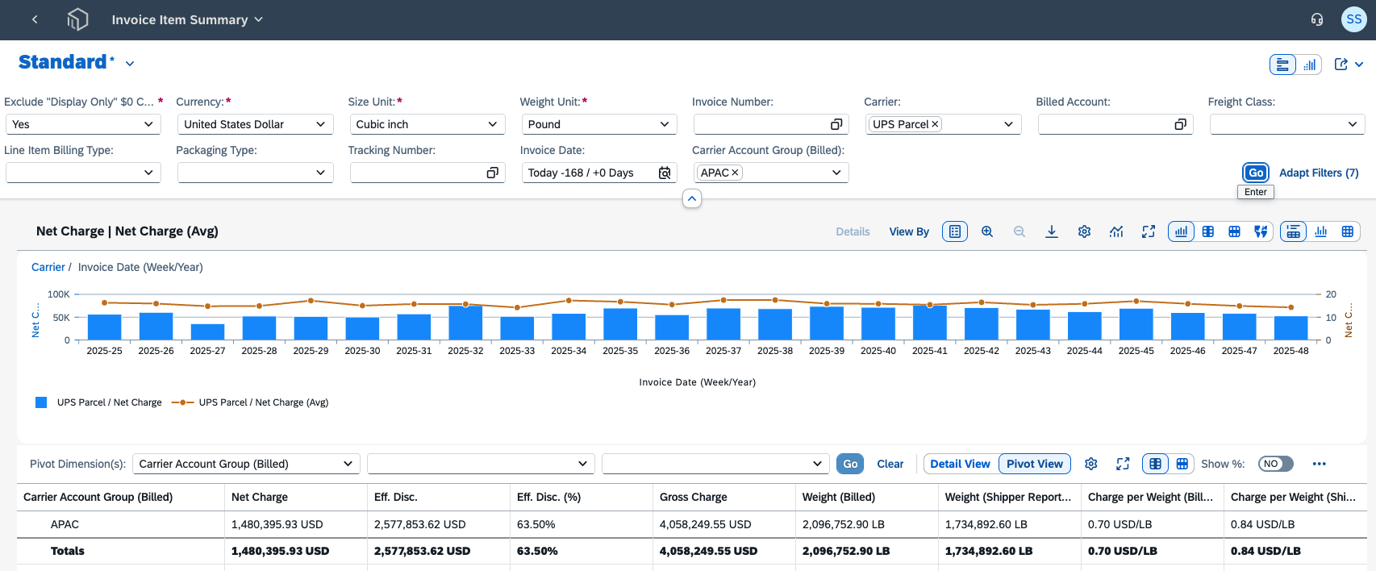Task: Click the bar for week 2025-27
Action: pyautogui.click(x=207, y=332)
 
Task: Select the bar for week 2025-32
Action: pyautogui.click(x=465, y=323)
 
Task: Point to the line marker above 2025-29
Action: pyautogui.click(x=311, y=301)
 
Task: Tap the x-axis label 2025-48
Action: pyautogui.click(x=1291, y=351)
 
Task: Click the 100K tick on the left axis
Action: pyautogui.click(x=59, y=294)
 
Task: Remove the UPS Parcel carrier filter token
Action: pyautogui.click(x=935, y=124)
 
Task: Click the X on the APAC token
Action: pyautogui.click(x=735, y=173)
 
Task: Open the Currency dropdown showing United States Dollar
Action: pyautogui.click(x=256, y=124)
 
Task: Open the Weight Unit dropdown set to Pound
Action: pyautogui.click(x=599, y=124)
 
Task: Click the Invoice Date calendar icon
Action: pyautogui.click(x=664, y=173)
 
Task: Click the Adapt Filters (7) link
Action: pyautogui.click(x=1318, y=173)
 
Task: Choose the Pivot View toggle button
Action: pyautogui.click(x=1035, y=464)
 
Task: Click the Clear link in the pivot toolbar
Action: pyautogui.click(x=890, y=464)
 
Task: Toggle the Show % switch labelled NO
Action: pyautogui.click(x=1275, y=464)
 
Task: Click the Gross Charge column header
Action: pyautogui.click(x=693, y=497)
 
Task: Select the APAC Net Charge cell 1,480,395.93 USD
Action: pyautogui.click(x=277, y=524)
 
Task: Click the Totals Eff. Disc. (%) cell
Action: pyautogui.click(x=537, y=551)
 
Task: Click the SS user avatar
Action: pyautogui.click(x=1354, y=19)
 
